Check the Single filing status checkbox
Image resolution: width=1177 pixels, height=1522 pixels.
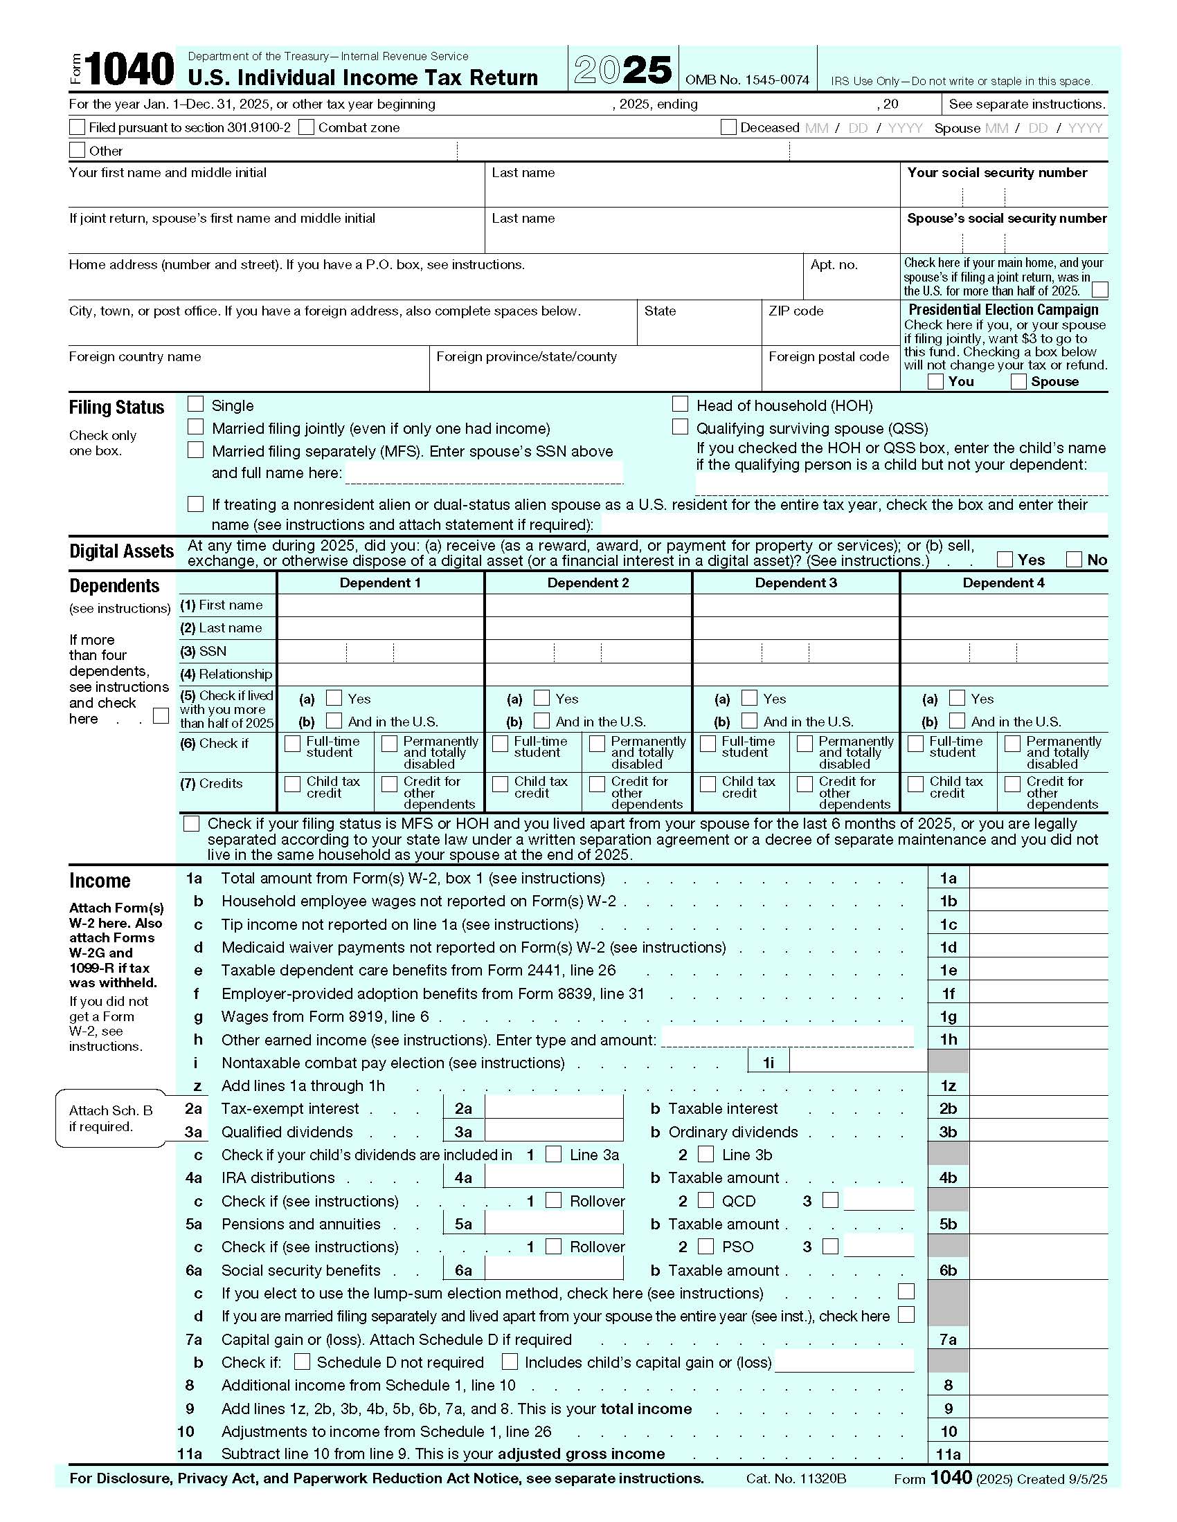pyautogui.click(x=196, y=404)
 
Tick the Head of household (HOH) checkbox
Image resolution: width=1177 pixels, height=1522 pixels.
pyautogui.click(x=680, y=404)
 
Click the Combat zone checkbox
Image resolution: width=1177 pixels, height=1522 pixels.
pyautogui.click(x=305, y=127)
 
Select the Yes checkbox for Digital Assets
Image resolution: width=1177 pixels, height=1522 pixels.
pyautogui.click(x=1005, y=559)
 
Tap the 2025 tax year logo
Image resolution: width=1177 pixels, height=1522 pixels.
pyautogui.click(x=622, y=70)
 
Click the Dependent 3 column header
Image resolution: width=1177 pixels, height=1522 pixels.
pyautogui.click(x=795, y=583)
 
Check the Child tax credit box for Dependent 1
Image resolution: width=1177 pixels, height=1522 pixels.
pyautogui.click(x=293, y=784)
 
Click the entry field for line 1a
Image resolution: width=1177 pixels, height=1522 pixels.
pyautogui.click(x=1038, y=877)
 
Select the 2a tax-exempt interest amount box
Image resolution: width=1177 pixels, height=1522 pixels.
pyautogui.click(x=554, y=1108)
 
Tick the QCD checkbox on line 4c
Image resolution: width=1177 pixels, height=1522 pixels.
pyautogui.click(x=706, y=1200)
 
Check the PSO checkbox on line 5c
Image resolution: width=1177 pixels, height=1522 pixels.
pyautogui.click(x=706, y=1246)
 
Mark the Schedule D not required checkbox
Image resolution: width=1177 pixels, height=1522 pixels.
pyautogui.click(x=302, y=1361)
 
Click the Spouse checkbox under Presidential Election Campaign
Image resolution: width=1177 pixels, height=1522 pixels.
pyautogui.click(x=1018, y=381)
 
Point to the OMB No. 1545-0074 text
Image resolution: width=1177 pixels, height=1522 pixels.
pyautogui.click(x=747, y=80)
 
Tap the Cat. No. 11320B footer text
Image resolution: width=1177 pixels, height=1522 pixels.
pyautogui.click(x=796, y=1478)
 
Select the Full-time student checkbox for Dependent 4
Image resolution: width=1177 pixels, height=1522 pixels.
pyautogui.click(x=915, y=744)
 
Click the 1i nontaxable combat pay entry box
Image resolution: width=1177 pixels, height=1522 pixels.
pyautogui.click(x=858, y=1062)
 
